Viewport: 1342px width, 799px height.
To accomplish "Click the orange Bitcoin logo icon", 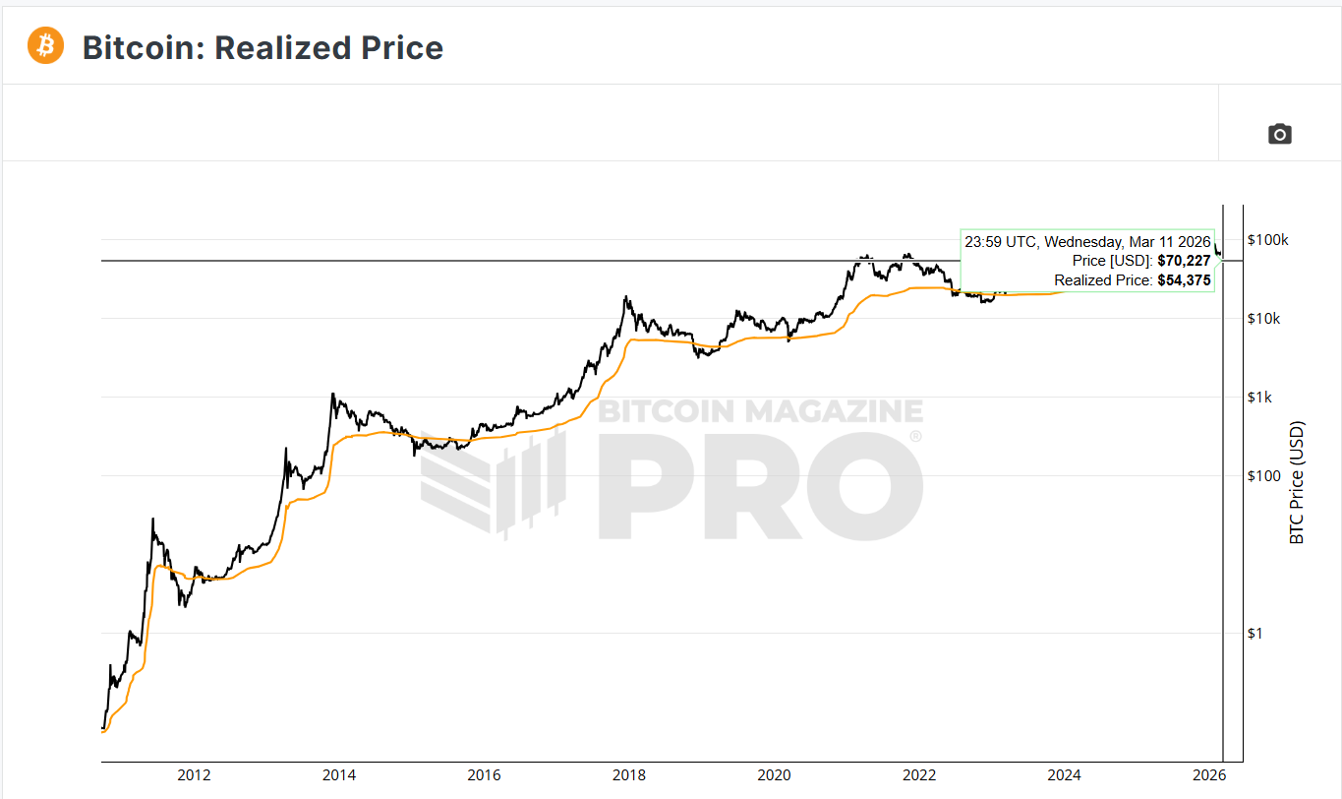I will pyautogui.click(x=45, y=45).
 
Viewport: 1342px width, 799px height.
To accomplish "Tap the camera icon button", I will pyautogui.click(x=1279, y=134).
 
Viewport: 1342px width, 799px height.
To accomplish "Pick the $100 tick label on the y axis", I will pyautogui.click(x=1264, y=475).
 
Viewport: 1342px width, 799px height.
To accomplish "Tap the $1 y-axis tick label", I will pyautogui.click(x=1255, y=633).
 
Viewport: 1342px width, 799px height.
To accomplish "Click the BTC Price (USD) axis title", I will pyautogui.click(x=1297, y=482).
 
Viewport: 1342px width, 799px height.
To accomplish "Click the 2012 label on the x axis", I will pyautogui.click(x=195, y=774).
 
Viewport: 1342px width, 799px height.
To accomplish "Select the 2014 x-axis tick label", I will pyautogui.click(x=339, y=774).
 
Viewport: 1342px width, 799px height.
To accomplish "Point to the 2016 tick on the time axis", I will pyautogui.click(x=484, y=774).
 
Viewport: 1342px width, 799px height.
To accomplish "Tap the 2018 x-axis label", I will pyautogui.click(x=629, y=774).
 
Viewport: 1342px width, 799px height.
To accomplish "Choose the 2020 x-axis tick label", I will pyautogui.click(x=774, y=774).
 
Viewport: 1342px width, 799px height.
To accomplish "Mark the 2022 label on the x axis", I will pyautogui.click(x=919, y=774).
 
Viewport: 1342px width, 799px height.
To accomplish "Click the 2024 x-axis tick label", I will pyautogui.click(x=1064, y=774).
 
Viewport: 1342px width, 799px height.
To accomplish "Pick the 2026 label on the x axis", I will pyautogui.click(x=1208, y=774).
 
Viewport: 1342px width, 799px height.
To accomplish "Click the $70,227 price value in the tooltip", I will pyautogui.click(x=1184, y=261).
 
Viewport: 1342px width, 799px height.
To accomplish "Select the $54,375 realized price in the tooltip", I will pyautogui.click(x=1184, y=280).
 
